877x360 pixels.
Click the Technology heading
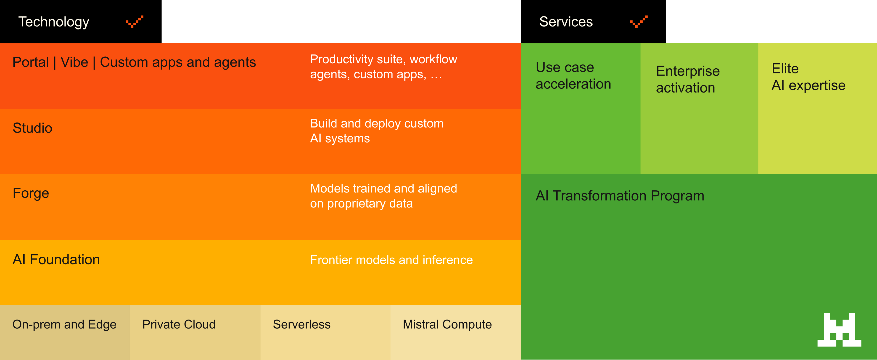(x=54, y=22)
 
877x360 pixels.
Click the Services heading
(x=566, y=22)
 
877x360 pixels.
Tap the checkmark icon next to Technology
(x=135, y=21)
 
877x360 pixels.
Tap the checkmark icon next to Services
(x=639, y=21)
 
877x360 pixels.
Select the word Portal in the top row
(x=31, y=62)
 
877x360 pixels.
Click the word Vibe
(x=74, y=62)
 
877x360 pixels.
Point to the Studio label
(x=32, y=128)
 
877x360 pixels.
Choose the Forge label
(x=31, y=193)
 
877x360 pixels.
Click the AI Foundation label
(x=56, y=259)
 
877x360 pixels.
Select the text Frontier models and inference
(x=391, y=260)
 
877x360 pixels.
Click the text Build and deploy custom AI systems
(x=377, y=131)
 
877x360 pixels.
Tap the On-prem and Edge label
(x=64, y=325)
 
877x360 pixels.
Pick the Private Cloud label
(x=179, y=325)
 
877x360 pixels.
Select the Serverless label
(x=301, y=325)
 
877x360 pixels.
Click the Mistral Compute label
(x=447, y=325)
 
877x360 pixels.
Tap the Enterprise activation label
(x=688, y=79)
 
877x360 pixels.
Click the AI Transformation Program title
(x=620, y=196)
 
